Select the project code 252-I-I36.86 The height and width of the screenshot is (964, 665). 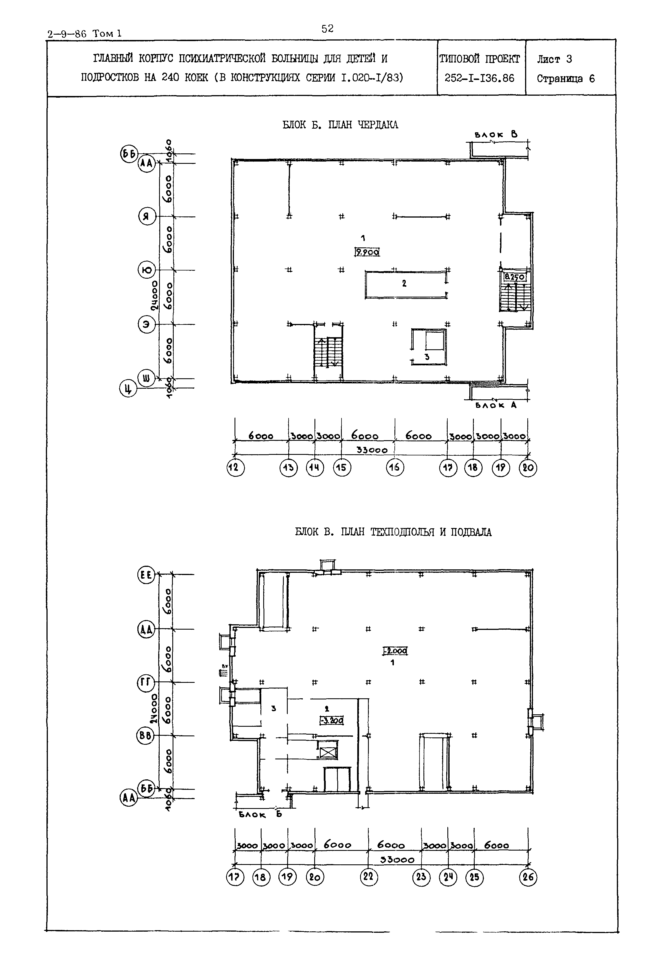(479, 78)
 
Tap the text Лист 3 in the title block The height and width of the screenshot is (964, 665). (554, 60)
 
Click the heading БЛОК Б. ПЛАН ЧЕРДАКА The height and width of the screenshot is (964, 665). (340, 125)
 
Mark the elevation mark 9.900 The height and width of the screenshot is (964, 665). (367, 252)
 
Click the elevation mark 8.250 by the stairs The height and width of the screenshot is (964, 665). (515, 277)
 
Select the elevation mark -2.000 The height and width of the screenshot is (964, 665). (395, 651)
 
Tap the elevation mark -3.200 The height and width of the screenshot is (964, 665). (331, 720)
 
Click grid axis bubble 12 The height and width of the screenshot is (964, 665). (235, 468)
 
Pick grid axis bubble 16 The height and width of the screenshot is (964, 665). (395, 468)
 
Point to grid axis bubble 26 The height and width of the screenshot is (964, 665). (528, 877)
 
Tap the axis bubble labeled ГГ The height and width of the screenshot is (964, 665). (146, 682)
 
